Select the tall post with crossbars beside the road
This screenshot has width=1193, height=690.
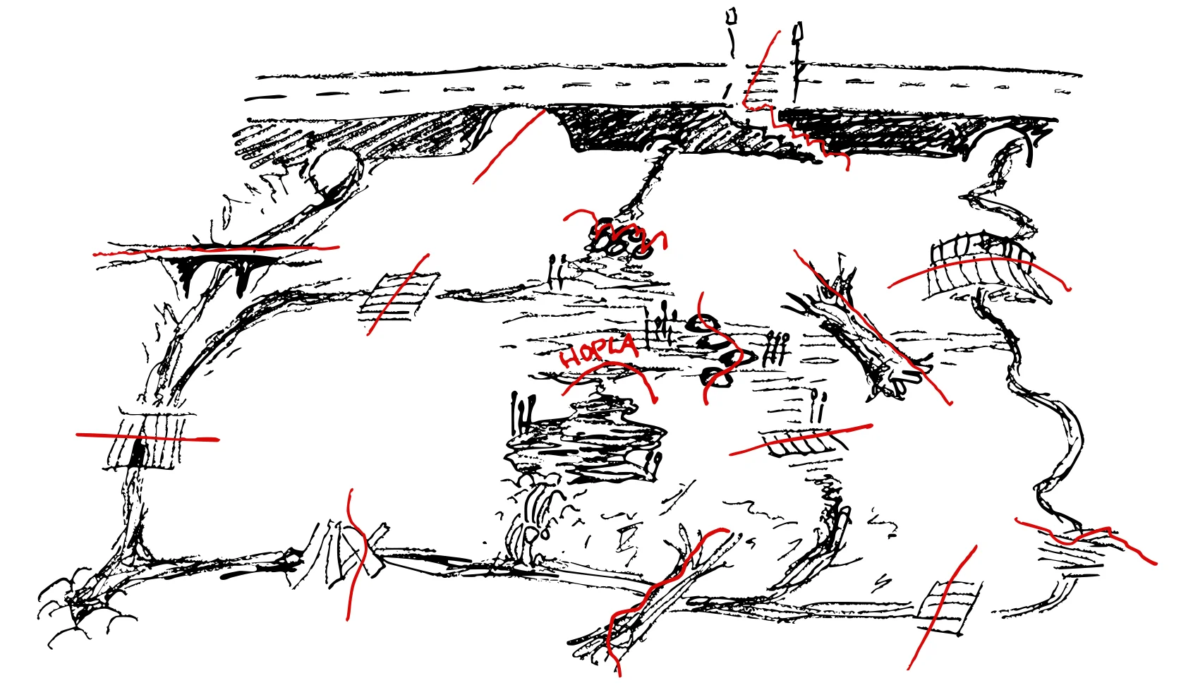coord(797,61)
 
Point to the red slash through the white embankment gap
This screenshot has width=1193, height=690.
coord(509,147)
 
